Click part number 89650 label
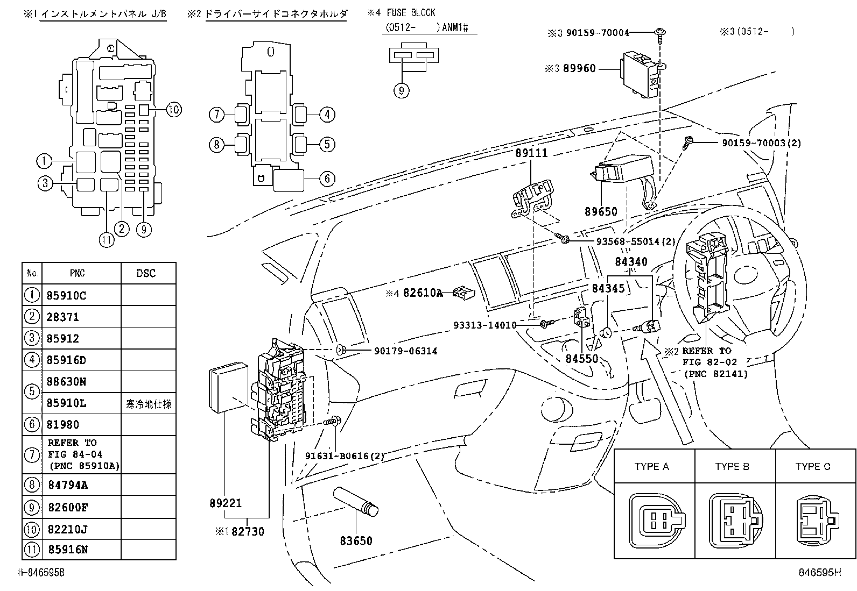tap(601, 212)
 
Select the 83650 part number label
tap(356, 540)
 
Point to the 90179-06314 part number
tap(405, 351)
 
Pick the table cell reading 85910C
tap(67, 295)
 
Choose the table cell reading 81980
tap(63, 424)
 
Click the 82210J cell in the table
tap(67, 529)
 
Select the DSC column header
tap(145, 273)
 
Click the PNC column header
tap(78, 273)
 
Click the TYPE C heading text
tap(813, 466)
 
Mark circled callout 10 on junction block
tap(173, 110)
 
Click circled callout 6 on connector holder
tap(327, 179)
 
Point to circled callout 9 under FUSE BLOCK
tap(401, 90)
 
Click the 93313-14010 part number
tap(484, 325)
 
